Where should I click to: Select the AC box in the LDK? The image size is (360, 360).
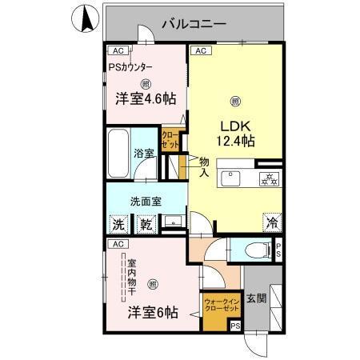[x=200, y=50]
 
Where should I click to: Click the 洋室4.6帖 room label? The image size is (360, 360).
[x=145, y=98]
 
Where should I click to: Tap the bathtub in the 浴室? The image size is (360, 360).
[x=118, y=153]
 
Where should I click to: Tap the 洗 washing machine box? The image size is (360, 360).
[x=119, y=223]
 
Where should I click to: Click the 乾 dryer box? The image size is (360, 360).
[x=146, y=223]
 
